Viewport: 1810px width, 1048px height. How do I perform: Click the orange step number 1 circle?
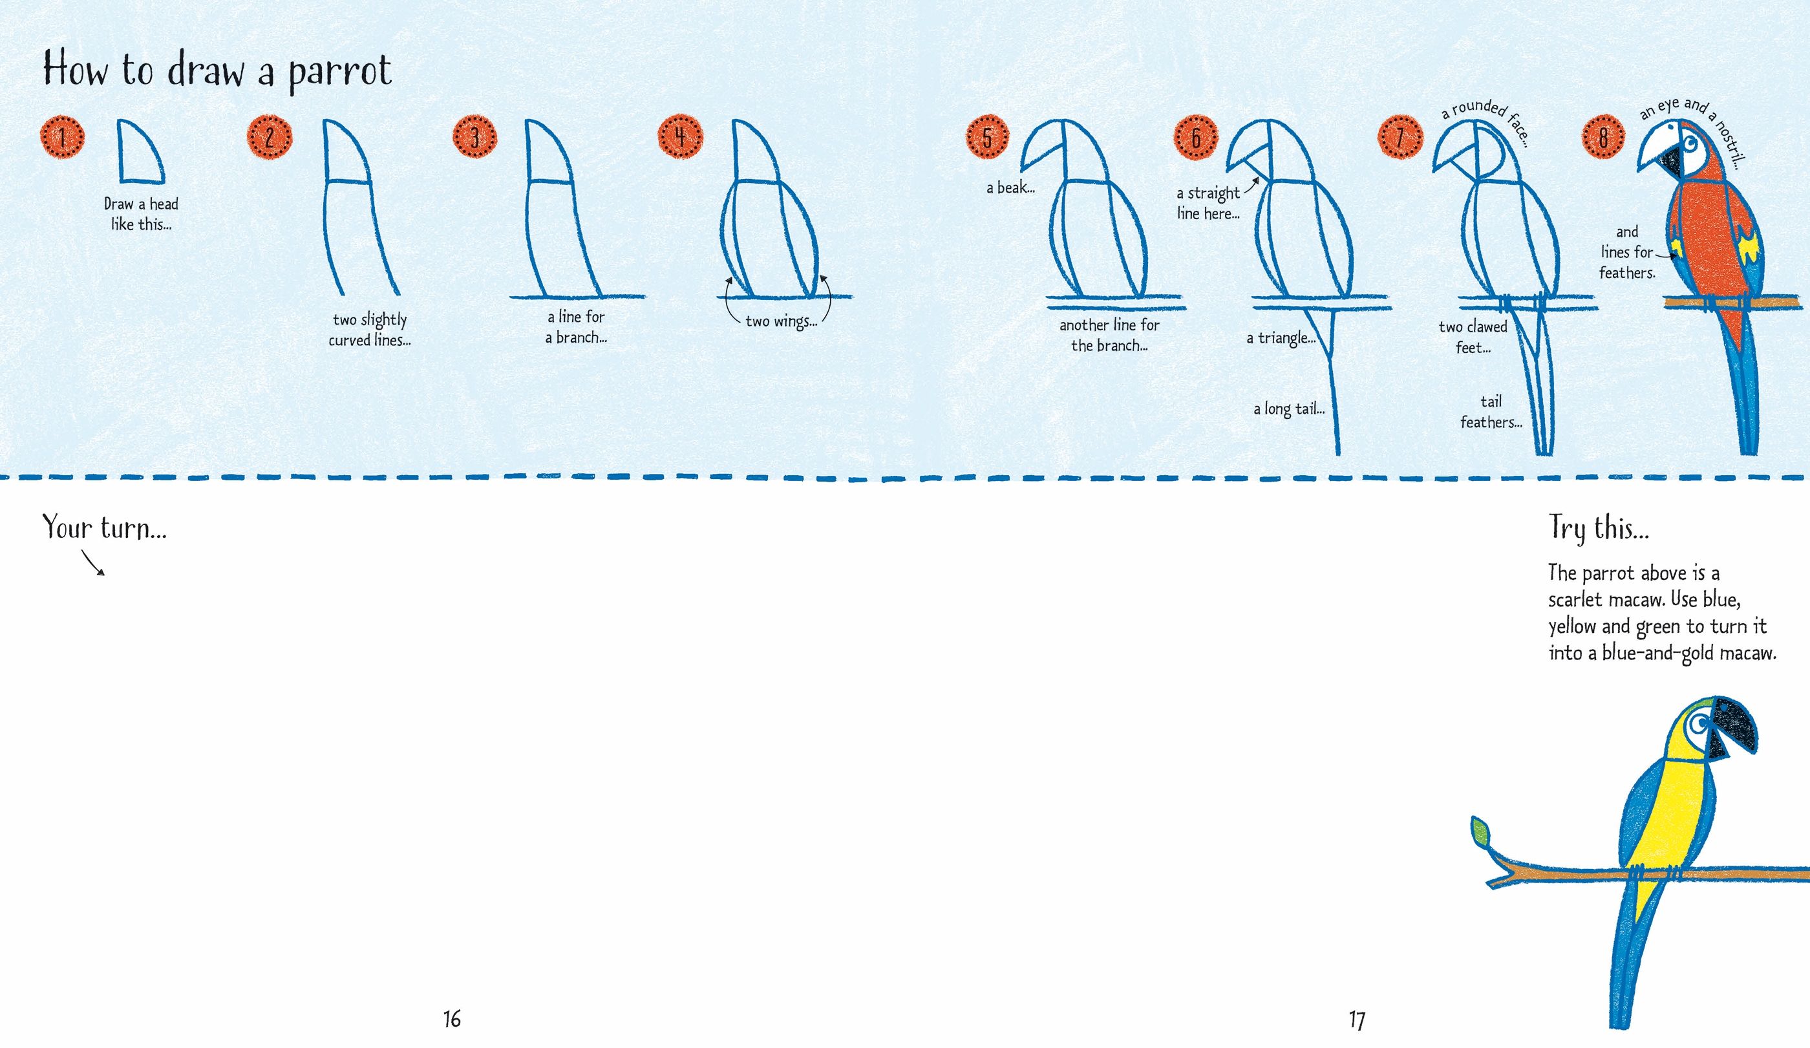(63, 136)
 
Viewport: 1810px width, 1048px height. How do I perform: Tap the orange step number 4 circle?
(680, 136)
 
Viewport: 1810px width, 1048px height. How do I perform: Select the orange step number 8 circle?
(1603, 136)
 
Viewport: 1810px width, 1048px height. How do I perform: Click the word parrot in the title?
(340, 72)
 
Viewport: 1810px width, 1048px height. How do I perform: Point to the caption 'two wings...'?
(781, 321)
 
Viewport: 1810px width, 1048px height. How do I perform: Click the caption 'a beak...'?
(1010, 188)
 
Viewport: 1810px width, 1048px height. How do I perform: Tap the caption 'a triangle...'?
(1281, 337)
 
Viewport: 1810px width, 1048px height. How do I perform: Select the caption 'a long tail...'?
(1288, 409)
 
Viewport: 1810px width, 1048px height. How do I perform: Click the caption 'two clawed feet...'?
(1473, 337)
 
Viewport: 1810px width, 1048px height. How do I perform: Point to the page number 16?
(452, 1018)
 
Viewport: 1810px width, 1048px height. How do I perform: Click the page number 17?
(1356, 1020)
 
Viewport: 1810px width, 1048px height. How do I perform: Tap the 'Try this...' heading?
(1599, 528)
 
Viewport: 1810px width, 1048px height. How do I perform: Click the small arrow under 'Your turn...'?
(93, 563)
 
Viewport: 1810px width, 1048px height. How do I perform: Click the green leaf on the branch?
(1480, 833)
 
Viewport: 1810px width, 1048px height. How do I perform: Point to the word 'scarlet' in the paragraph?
(1575, 599)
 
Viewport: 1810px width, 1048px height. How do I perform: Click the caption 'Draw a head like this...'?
(141, 214)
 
